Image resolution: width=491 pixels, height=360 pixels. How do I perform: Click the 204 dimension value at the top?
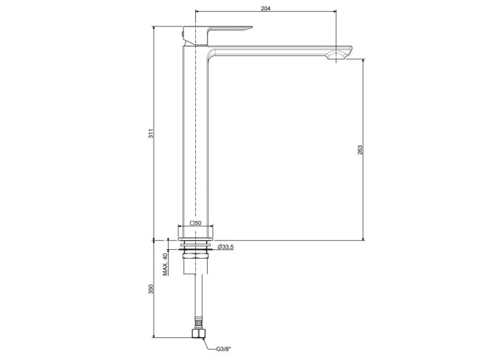pos(265,8)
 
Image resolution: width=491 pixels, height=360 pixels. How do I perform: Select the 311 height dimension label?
pos(151,134)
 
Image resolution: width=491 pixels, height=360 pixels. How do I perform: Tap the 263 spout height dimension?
pos(360,149)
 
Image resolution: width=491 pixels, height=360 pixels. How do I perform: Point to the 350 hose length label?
pos(151,288)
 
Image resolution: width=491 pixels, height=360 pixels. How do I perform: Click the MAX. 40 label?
pos(166,264)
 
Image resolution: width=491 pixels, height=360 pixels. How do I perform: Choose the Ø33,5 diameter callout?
pos(225,247)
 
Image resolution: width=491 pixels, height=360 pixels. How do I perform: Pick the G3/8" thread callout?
pos(223,349)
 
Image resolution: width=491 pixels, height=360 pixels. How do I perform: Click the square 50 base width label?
pos(196,223)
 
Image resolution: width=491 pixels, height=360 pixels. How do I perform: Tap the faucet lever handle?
pos(218,34)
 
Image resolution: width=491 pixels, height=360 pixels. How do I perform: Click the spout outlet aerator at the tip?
pos(336,56)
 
